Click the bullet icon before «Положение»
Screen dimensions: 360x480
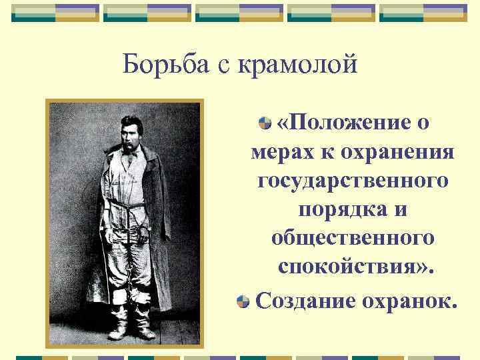coord(265,123)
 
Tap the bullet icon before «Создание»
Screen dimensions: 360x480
coord(243,301)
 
